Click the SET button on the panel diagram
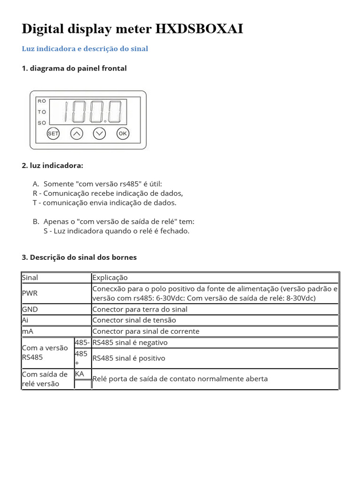(53, 134)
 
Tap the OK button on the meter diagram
(122, 134)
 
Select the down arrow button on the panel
(99, 134)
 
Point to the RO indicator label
(42, 101)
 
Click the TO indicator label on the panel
(42, 112)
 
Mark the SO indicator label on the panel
(42, 123)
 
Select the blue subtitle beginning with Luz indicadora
(85, 49)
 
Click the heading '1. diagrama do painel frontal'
(74, 68)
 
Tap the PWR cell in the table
(30, 293)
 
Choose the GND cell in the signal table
(30, 309)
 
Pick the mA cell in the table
(28, 331)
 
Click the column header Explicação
(110, 278)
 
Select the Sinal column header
(30, 278)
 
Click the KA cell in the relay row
(79, 374)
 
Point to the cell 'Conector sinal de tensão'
(134, 320)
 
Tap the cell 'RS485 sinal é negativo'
(130, 343)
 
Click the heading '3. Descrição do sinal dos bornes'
(79, 257)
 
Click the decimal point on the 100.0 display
(105, 121)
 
